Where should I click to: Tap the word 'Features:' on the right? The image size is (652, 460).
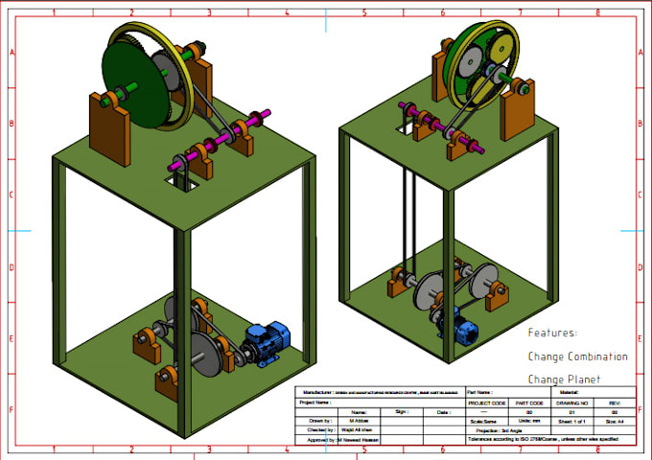(x=553, y=333)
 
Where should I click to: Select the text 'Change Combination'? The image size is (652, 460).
(x=577, y=356)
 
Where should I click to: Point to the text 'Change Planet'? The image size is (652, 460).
(x=564, y=379)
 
